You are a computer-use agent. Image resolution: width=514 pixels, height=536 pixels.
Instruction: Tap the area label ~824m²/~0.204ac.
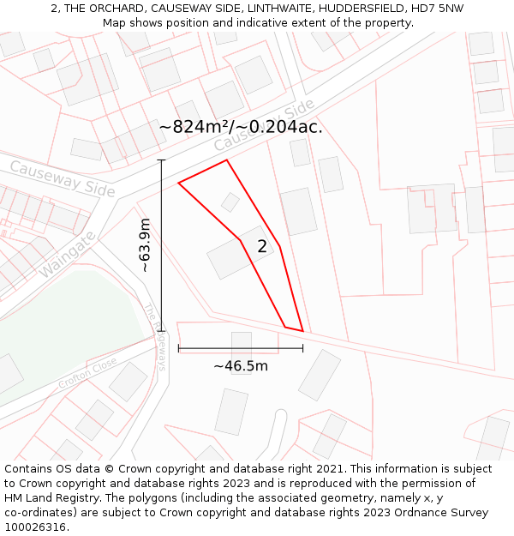point(241,127)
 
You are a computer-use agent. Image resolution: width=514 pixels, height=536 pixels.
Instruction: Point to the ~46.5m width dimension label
point(241,366)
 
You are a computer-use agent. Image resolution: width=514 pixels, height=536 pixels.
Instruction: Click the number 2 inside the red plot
point(262,247)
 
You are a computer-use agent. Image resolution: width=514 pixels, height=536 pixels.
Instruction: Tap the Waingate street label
point(65,254)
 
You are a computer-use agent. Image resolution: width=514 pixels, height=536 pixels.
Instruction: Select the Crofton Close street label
point(87,373)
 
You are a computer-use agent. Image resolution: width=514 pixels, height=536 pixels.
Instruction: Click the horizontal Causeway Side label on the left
point(62,178)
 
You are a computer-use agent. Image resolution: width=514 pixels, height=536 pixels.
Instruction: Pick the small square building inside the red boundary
point(230,202)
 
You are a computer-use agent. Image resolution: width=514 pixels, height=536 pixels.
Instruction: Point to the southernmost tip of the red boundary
point(302,331)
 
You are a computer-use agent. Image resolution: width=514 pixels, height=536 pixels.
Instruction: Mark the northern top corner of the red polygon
point(227,160)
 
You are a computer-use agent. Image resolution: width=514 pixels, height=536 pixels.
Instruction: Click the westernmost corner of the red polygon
point(178,183)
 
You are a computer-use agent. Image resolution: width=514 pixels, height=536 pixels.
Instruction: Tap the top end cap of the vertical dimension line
point(161,160)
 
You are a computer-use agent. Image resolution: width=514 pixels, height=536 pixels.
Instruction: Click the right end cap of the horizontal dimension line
point(302,348)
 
